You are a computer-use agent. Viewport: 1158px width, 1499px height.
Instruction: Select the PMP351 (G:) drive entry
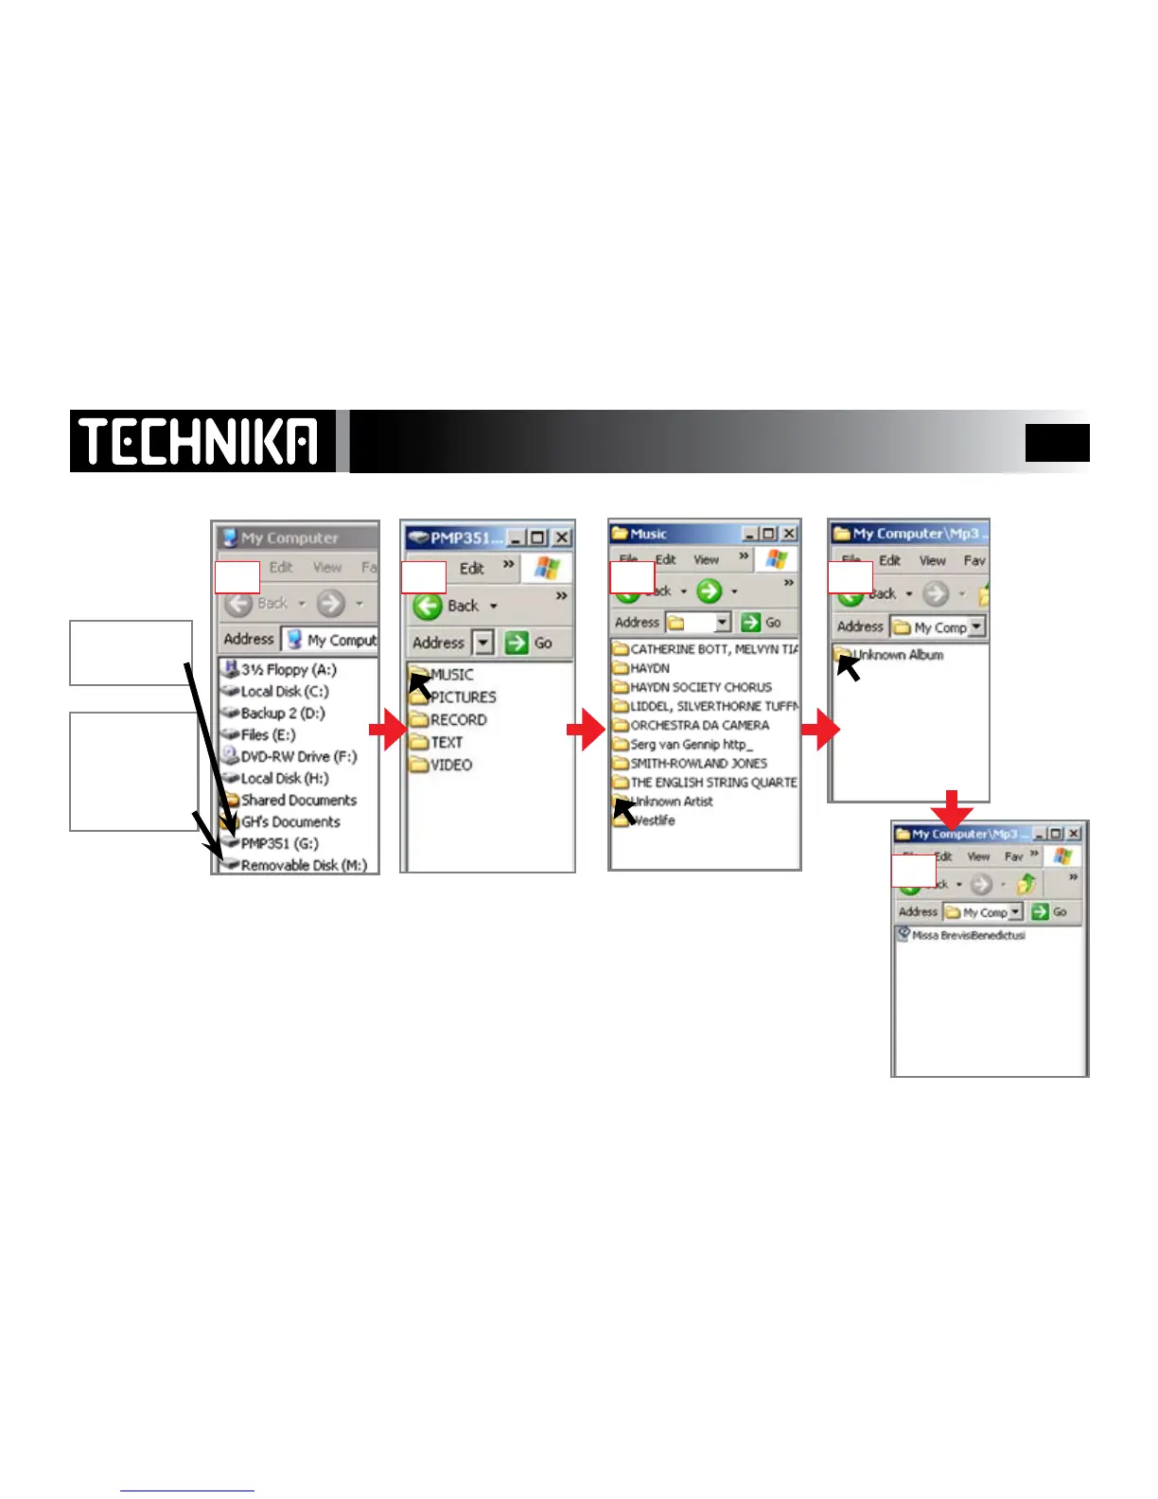pyautogui.click(x=279, y=843)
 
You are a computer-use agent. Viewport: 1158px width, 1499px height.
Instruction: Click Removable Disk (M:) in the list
pyautogui.click(x=303, y=865)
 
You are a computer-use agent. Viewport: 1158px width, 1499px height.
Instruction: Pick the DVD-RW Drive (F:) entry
pyautogui.click(x=298, y=756)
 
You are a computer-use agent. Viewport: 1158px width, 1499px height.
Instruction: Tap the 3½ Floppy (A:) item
pyautogui.click(x=288, y=669)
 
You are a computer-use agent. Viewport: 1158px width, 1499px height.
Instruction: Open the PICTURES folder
pyautogui.click(x=463, y=697)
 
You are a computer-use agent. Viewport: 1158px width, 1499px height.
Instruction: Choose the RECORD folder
pyautogui.click(x=458, y=719)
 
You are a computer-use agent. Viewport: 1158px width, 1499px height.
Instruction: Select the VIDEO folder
pyautogui.click(x=450, y=765)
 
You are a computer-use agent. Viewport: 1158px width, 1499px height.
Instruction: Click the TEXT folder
pyautogui.click(x=446, y=742)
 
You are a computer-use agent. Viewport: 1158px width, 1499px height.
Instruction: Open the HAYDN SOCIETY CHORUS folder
pyautogui.click(x=700, y=687)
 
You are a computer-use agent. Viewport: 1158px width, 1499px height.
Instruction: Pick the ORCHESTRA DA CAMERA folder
pyautogui.click(x=699, y=725)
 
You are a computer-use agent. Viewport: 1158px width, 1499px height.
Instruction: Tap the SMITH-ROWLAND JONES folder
pyautogui.click(x=698, y=763)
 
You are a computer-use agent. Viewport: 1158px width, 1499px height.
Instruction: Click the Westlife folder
pyautogui.click(x=652, y=820)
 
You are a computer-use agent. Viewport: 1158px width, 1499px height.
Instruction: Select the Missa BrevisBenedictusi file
pyautogui.click(x=967, y=935)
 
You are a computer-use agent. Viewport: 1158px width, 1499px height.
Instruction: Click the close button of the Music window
pyautogui.click(x=788, y=534)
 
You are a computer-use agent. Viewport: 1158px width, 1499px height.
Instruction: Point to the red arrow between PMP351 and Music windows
pyautogui.click(x=585, y=730)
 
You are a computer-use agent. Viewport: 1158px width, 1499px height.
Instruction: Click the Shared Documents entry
pyautogui.click(x=298, y=800)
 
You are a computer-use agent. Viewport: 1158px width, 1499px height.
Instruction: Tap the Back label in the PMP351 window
pyautogui.click(x=463, y=606)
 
